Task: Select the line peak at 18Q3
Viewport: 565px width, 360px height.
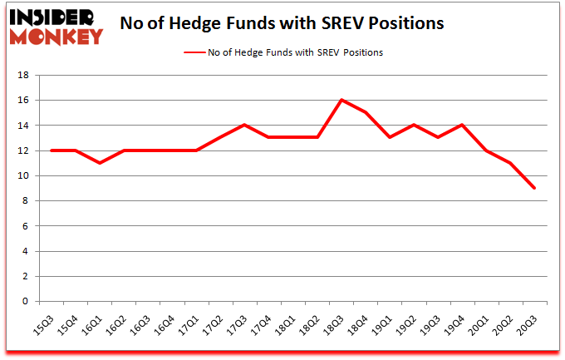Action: coord(341,100)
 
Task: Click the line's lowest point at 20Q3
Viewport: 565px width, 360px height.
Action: coord(534,188)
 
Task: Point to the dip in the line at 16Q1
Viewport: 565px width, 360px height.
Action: coord(100,163)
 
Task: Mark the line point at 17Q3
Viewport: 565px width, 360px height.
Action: coord(244,125)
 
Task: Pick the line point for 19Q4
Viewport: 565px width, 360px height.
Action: coord(461,125)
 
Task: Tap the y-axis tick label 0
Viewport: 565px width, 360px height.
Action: coord(26,301)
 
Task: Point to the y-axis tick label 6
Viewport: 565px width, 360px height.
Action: coord(26,226)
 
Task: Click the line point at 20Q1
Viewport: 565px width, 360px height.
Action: coord(485,150)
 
